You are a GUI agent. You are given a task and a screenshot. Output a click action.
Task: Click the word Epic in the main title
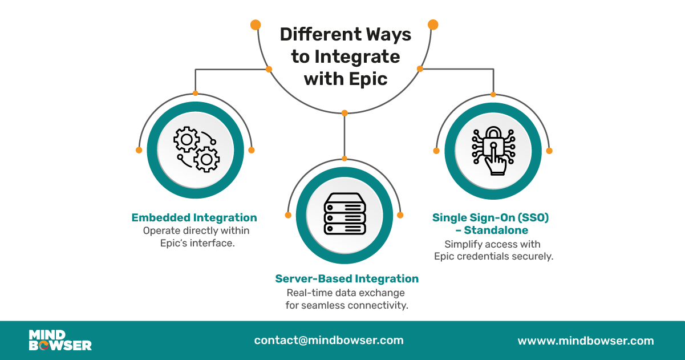(x=368, y=79)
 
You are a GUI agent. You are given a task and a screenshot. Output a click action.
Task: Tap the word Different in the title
(x=317, y=35)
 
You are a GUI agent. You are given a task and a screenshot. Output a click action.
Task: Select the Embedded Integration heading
(x=194, y=217)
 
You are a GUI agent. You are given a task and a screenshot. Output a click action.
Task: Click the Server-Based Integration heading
(x=347, y=278)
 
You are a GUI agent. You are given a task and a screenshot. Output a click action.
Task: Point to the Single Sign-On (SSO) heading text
(x=494, y=217)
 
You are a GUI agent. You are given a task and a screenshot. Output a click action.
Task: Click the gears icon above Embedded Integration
(x=196, y=150)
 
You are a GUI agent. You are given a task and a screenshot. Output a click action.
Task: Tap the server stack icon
(x=344, y=213)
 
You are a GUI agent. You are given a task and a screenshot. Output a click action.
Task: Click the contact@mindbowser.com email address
(x=329, y=340)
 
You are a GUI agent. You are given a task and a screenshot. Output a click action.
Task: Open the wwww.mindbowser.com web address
(x=585, y=341)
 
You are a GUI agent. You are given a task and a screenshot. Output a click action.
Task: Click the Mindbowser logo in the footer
(x=60, y=340)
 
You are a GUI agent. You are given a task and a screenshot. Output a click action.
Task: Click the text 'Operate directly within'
(x=196, y=231)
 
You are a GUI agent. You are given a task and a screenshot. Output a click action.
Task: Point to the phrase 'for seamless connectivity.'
(x=347, y=305)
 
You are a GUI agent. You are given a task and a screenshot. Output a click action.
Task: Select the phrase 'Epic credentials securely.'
(x=493, y=256)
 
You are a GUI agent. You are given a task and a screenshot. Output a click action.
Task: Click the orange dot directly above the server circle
(x=344, y=158)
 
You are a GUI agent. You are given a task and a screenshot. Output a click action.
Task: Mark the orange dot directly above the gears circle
(x=195, y=93)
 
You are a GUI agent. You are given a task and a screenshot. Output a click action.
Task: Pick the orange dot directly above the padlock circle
(x=493, y=94)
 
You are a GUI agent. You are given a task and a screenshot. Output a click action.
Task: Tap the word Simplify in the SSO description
(x=463, y=244)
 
